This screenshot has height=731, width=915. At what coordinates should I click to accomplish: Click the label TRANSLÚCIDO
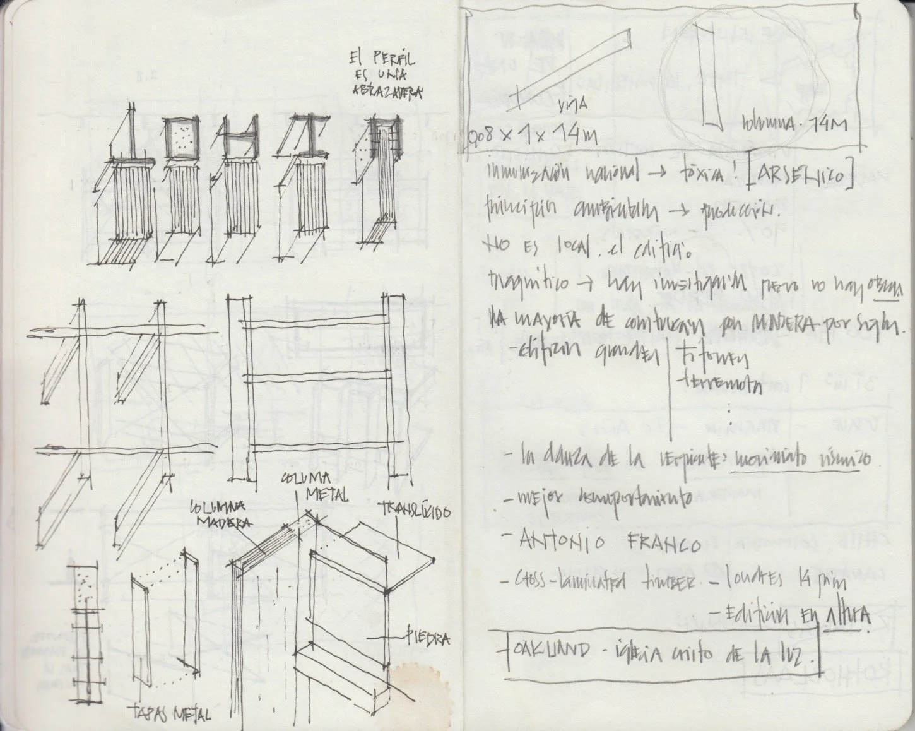415,510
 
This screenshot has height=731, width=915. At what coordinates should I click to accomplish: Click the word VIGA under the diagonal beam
572,107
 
